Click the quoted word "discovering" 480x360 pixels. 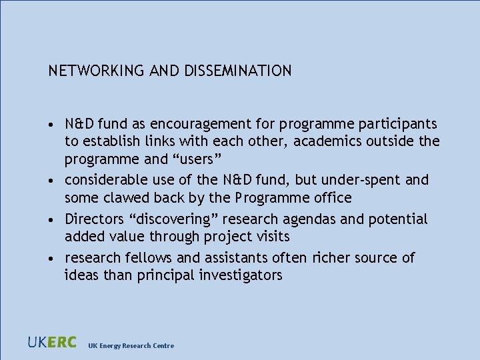click(170, 219)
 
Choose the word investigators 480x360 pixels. click(241, 275)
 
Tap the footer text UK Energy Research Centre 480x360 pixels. click(131, 345)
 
